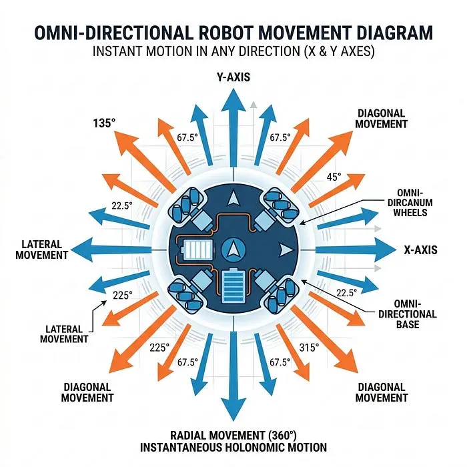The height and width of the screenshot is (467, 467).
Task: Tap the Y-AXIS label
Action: [233, 77]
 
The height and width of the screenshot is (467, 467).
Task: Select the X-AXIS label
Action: [420, 250]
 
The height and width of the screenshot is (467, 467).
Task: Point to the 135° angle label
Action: [104, 123]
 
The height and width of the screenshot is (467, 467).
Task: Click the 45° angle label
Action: [334, 177]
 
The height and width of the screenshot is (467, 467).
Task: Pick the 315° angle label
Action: [309, 348]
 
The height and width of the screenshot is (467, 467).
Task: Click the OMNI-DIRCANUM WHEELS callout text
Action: [410, 203]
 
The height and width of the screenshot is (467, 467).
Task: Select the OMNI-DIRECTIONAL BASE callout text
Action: [408, 314]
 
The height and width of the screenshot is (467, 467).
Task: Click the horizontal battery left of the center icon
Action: [197, 250]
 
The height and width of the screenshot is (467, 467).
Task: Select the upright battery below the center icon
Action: [233, 286]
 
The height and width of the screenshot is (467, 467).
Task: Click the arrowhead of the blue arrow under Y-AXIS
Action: [233, 100]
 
